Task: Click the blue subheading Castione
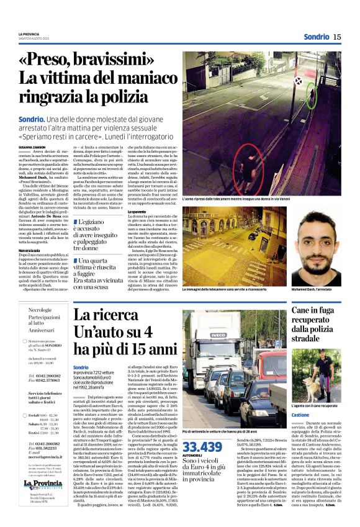300,415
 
